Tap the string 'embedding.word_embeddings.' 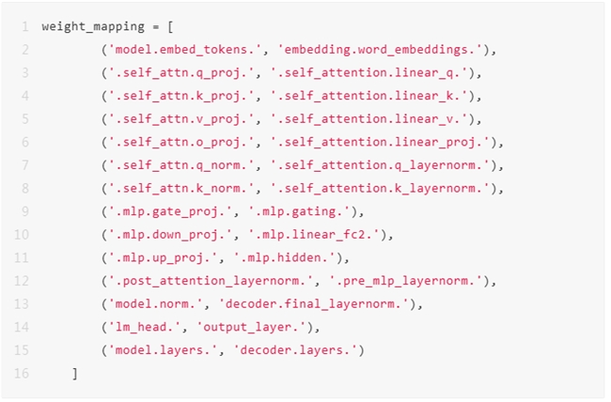[x=378, y=49]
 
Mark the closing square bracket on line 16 [x=74, y=374]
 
